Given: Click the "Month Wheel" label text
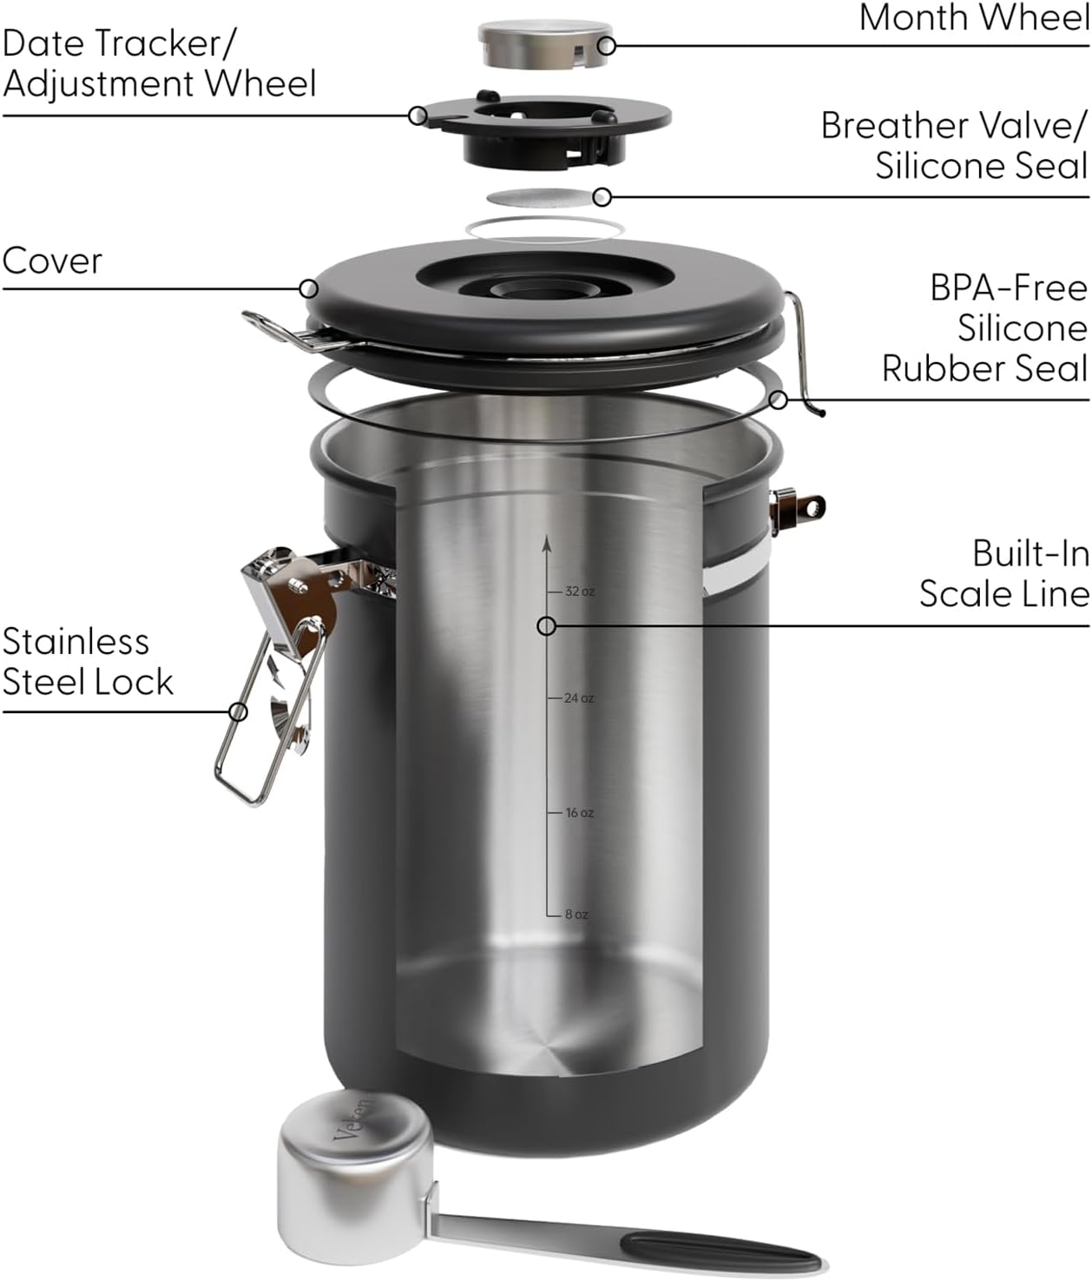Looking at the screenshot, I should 973,17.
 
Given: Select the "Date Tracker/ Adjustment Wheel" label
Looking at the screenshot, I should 159,63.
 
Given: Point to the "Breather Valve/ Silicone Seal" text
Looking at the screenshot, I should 954,145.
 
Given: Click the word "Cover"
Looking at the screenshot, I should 52,261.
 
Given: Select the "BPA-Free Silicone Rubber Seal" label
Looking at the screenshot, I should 985,327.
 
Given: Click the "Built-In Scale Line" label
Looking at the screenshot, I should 1004,573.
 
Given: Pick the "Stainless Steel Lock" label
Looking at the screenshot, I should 87,662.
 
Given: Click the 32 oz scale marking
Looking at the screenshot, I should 579,591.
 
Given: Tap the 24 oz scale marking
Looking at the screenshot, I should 578,698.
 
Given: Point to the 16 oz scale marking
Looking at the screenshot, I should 579,813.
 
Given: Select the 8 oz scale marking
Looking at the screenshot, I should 576,915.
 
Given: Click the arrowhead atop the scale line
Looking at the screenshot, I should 547,543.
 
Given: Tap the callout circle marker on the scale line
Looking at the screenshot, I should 547,625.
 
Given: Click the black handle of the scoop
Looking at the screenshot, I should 720,1252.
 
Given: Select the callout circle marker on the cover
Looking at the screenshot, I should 308,288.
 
